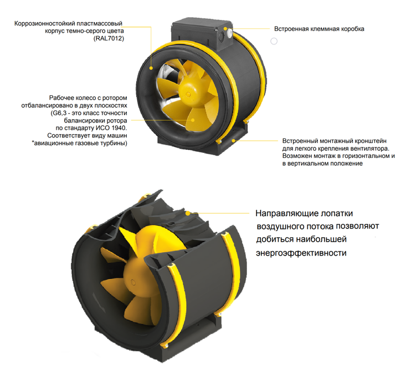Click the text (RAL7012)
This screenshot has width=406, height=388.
[109, 39]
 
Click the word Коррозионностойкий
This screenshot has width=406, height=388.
[42, 24]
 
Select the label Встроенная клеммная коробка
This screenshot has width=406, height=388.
[319, 29]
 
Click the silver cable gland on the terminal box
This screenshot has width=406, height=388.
[229, 33]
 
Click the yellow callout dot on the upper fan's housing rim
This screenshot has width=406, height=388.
[151, 68]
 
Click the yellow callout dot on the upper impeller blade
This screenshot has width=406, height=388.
[193, 120]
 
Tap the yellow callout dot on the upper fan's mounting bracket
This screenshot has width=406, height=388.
[233, 140]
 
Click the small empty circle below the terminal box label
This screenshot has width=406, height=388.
[274, 41]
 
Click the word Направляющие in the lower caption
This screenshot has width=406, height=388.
[287, 213]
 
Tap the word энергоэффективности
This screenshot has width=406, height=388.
[301, 253]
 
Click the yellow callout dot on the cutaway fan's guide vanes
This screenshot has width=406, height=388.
[188, 213]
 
